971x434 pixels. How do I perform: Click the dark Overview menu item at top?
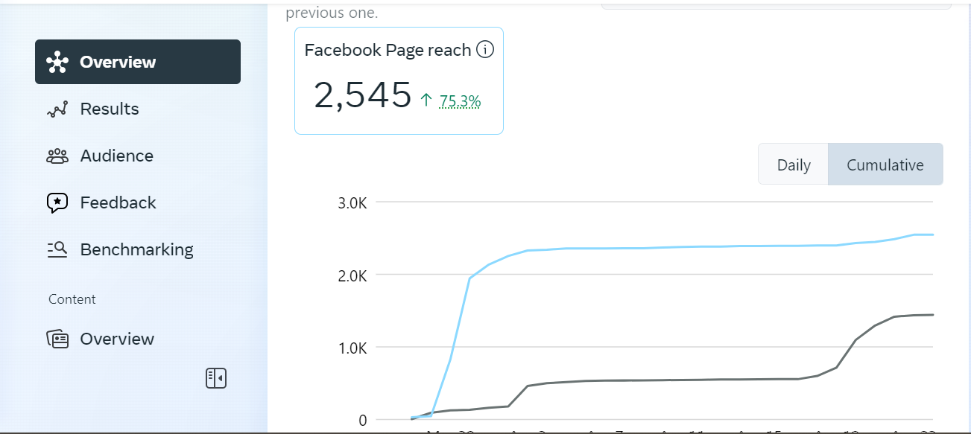[x=137, y=62]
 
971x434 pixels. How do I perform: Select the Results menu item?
[x=109, y=109]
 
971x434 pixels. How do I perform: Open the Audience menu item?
[x=116, y=156]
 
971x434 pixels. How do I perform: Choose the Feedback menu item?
[x=118, y=202]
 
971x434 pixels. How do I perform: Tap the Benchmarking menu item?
[x=136, y=249]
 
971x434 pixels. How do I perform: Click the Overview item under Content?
[x=116, y=339]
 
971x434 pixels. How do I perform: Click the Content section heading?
[x=72, y=299]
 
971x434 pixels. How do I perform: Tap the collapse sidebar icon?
[x=216, y=378]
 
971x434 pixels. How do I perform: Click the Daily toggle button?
[x=794, y=165]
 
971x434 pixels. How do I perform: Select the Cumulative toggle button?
[x=885, y=165]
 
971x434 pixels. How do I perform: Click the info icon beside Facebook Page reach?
[x=485, y=50]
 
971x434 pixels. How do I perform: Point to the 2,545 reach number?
[x=362, y=95]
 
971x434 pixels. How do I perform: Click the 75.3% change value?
[x=460, y=100]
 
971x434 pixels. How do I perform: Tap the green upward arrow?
[x=426, y=100]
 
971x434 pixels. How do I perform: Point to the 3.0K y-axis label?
[x=352, y=202]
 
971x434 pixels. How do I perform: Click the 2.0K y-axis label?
[x=352, y=275]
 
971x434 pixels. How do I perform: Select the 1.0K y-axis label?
[x=352, y=348]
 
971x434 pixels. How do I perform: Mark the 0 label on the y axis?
[x=362, y=420]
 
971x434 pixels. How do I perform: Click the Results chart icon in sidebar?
[x=57, y=109]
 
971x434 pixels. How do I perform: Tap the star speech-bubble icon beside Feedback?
[x=57, y=202]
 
